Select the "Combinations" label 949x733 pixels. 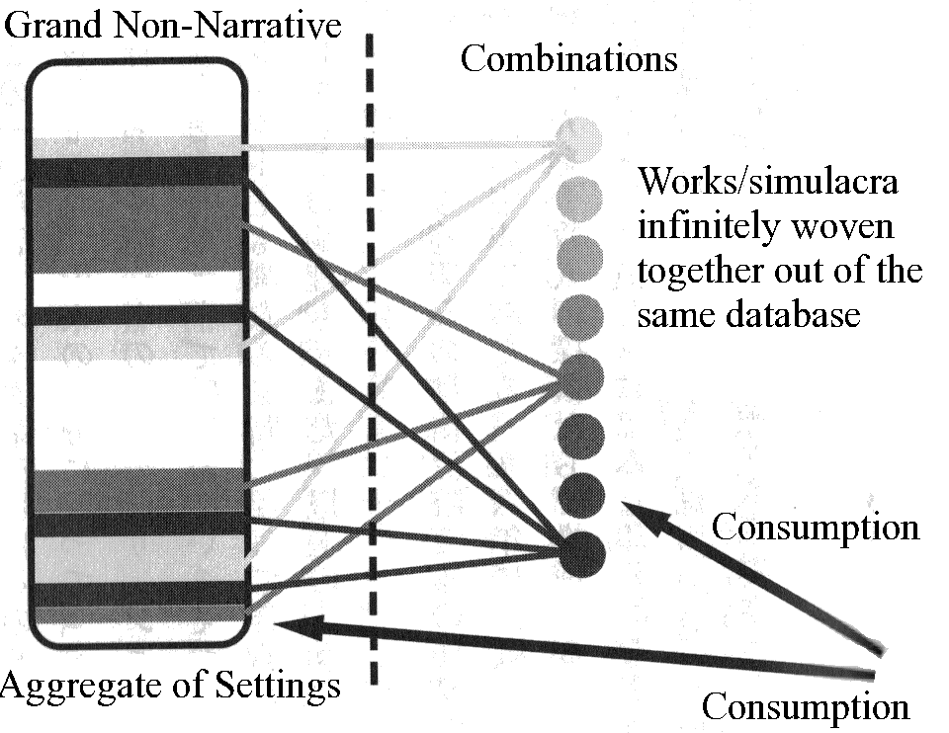(x=569, y=59)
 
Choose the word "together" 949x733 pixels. (x=708, y=271)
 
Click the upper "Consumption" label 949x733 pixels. (x=816, y=527)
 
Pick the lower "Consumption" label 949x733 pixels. (x=806, y=706)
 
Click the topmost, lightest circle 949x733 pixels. (x=578, y=138)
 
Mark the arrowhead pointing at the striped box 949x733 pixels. (x=292, y=624)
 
